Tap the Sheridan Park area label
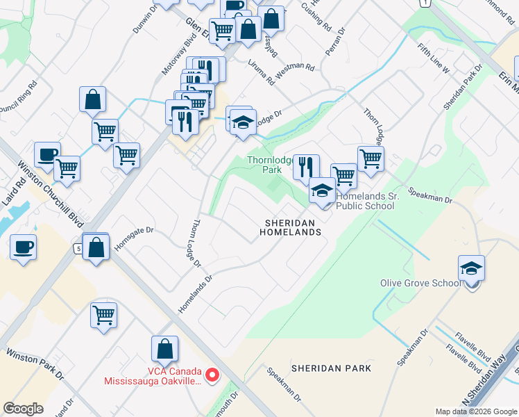tap(331, 368)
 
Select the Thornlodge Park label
tap(272, 165)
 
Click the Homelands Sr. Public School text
tap(365, 202)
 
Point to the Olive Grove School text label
tap(420, 283)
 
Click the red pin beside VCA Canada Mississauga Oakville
tap(214, 376)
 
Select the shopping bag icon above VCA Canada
tap(165, 350)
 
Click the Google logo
tap(24, 408)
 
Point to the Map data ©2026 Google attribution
tap(476, 411)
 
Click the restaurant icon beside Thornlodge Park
tap(306, 167)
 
